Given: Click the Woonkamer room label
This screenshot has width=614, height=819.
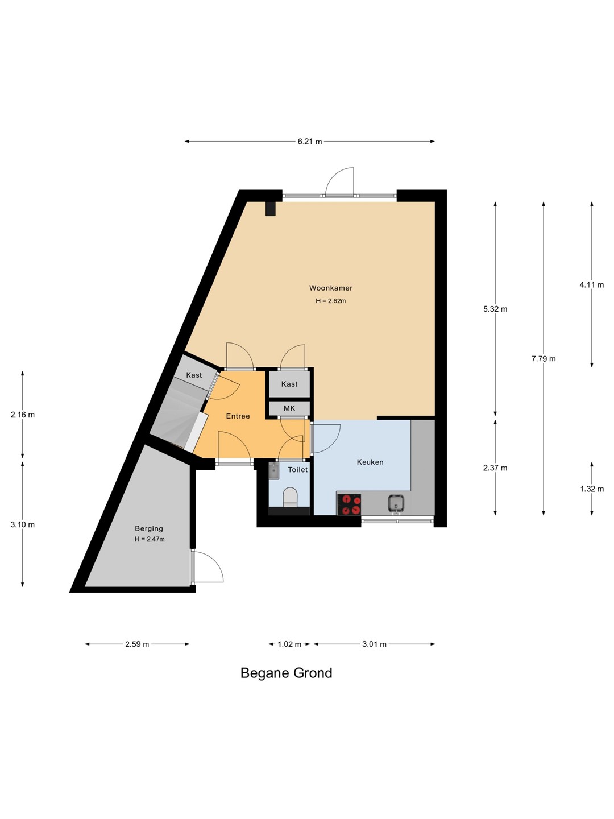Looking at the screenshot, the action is [331, 288].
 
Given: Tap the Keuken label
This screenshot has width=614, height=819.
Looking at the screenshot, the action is [370, 462].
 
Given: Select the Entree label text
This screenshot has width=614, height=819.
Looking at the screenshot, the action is [238, 416].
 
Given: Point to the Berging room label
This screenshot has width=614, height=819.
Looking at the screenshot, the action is [149, 528].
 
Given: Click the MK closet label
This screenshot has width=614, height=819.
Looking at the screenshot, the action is [289, 408].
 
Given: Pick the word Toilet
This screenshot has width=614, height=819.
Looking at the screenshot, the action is [297, 470].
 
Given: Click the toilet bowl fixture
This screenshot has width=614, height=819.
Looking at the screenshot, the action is [290, 497].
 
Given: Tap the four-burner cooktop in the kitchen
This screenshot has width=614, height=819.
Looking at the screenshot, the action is [349, 504].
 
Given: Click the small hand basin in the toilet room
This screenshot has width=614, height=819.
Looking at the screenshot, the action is [273, 471].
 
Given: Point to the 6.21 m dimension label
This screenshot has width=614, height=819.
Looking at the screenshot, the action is [309, 142].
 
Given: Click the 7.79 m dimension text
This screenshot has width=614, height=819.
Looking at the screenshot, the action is [544, 359].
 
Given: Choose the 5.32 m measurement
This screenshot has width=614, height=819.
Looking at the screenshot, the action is [495, 309].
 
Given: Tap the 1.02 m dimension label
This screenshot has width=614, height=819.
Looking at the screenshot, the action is [289, 644].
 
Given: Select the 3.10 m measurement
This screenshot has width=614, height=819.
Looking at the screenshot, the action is [22, 524].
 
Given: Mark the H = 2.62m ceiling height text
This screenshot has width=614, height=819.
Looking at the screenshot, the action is [331, 301].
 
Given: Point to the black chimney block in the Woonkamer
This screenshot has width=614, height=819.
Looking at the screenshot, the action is [271, 209].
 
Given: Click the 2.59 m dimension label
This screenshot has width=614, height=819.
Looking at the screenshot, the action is [137, 644].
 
